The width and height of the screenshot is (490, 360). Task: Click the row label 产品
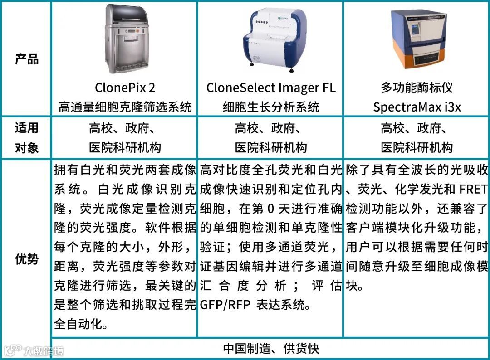pyautogui.click(x=27, y=59)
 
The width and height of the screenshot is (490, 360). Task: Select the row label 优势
pyautogui.click(x=27, y=259)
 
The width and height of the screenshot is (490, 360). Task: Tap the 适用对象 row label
pyautogui.click(x=27, y=138)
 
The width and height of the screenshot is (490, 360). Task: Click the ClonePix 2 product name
pyautogui.click(x=125, y=88)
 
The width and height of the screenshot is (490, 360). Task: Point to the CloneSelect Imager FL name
pyautogui.click(x=271, y=88)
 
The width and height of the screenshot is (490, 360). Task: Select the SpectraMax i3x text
pyautogui.click(x=417, y=107)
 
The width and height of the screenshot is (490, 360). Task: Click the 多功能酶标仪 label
pyautogui.click(x=417, y=88)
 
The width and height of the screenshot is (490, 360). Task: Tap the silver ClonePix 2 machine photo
pyautogui.click(x=126, y=39)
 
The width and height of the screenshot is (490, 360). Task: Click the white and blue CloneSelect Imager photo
pyautogui.click(x=273, y=39)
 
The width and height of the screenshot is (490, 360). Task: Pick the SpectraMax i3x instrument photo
pyautogui.click(x=418, y=39)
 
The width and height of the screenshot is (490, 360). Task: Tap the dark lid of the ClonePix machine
pyautogui.click(x=126, y=14)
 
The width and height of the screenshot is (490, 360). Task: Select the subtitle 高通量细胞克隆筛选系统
pyautogui.click(x=125, y=107)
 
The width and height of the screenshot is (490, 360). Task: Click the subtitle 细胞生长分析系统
pyautogui.click(x=271, y=107)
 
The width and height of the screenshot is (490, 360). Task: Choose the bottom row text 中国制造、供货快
pyautogui.click(x=271, y=349)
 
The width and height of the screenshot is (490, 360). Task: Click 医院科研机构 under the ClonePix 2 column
pyautogui.click(x=125, y=148)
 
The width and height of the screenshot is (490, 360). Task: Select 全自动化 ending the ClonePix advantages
pyautogui.click(x=81, y=324)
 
